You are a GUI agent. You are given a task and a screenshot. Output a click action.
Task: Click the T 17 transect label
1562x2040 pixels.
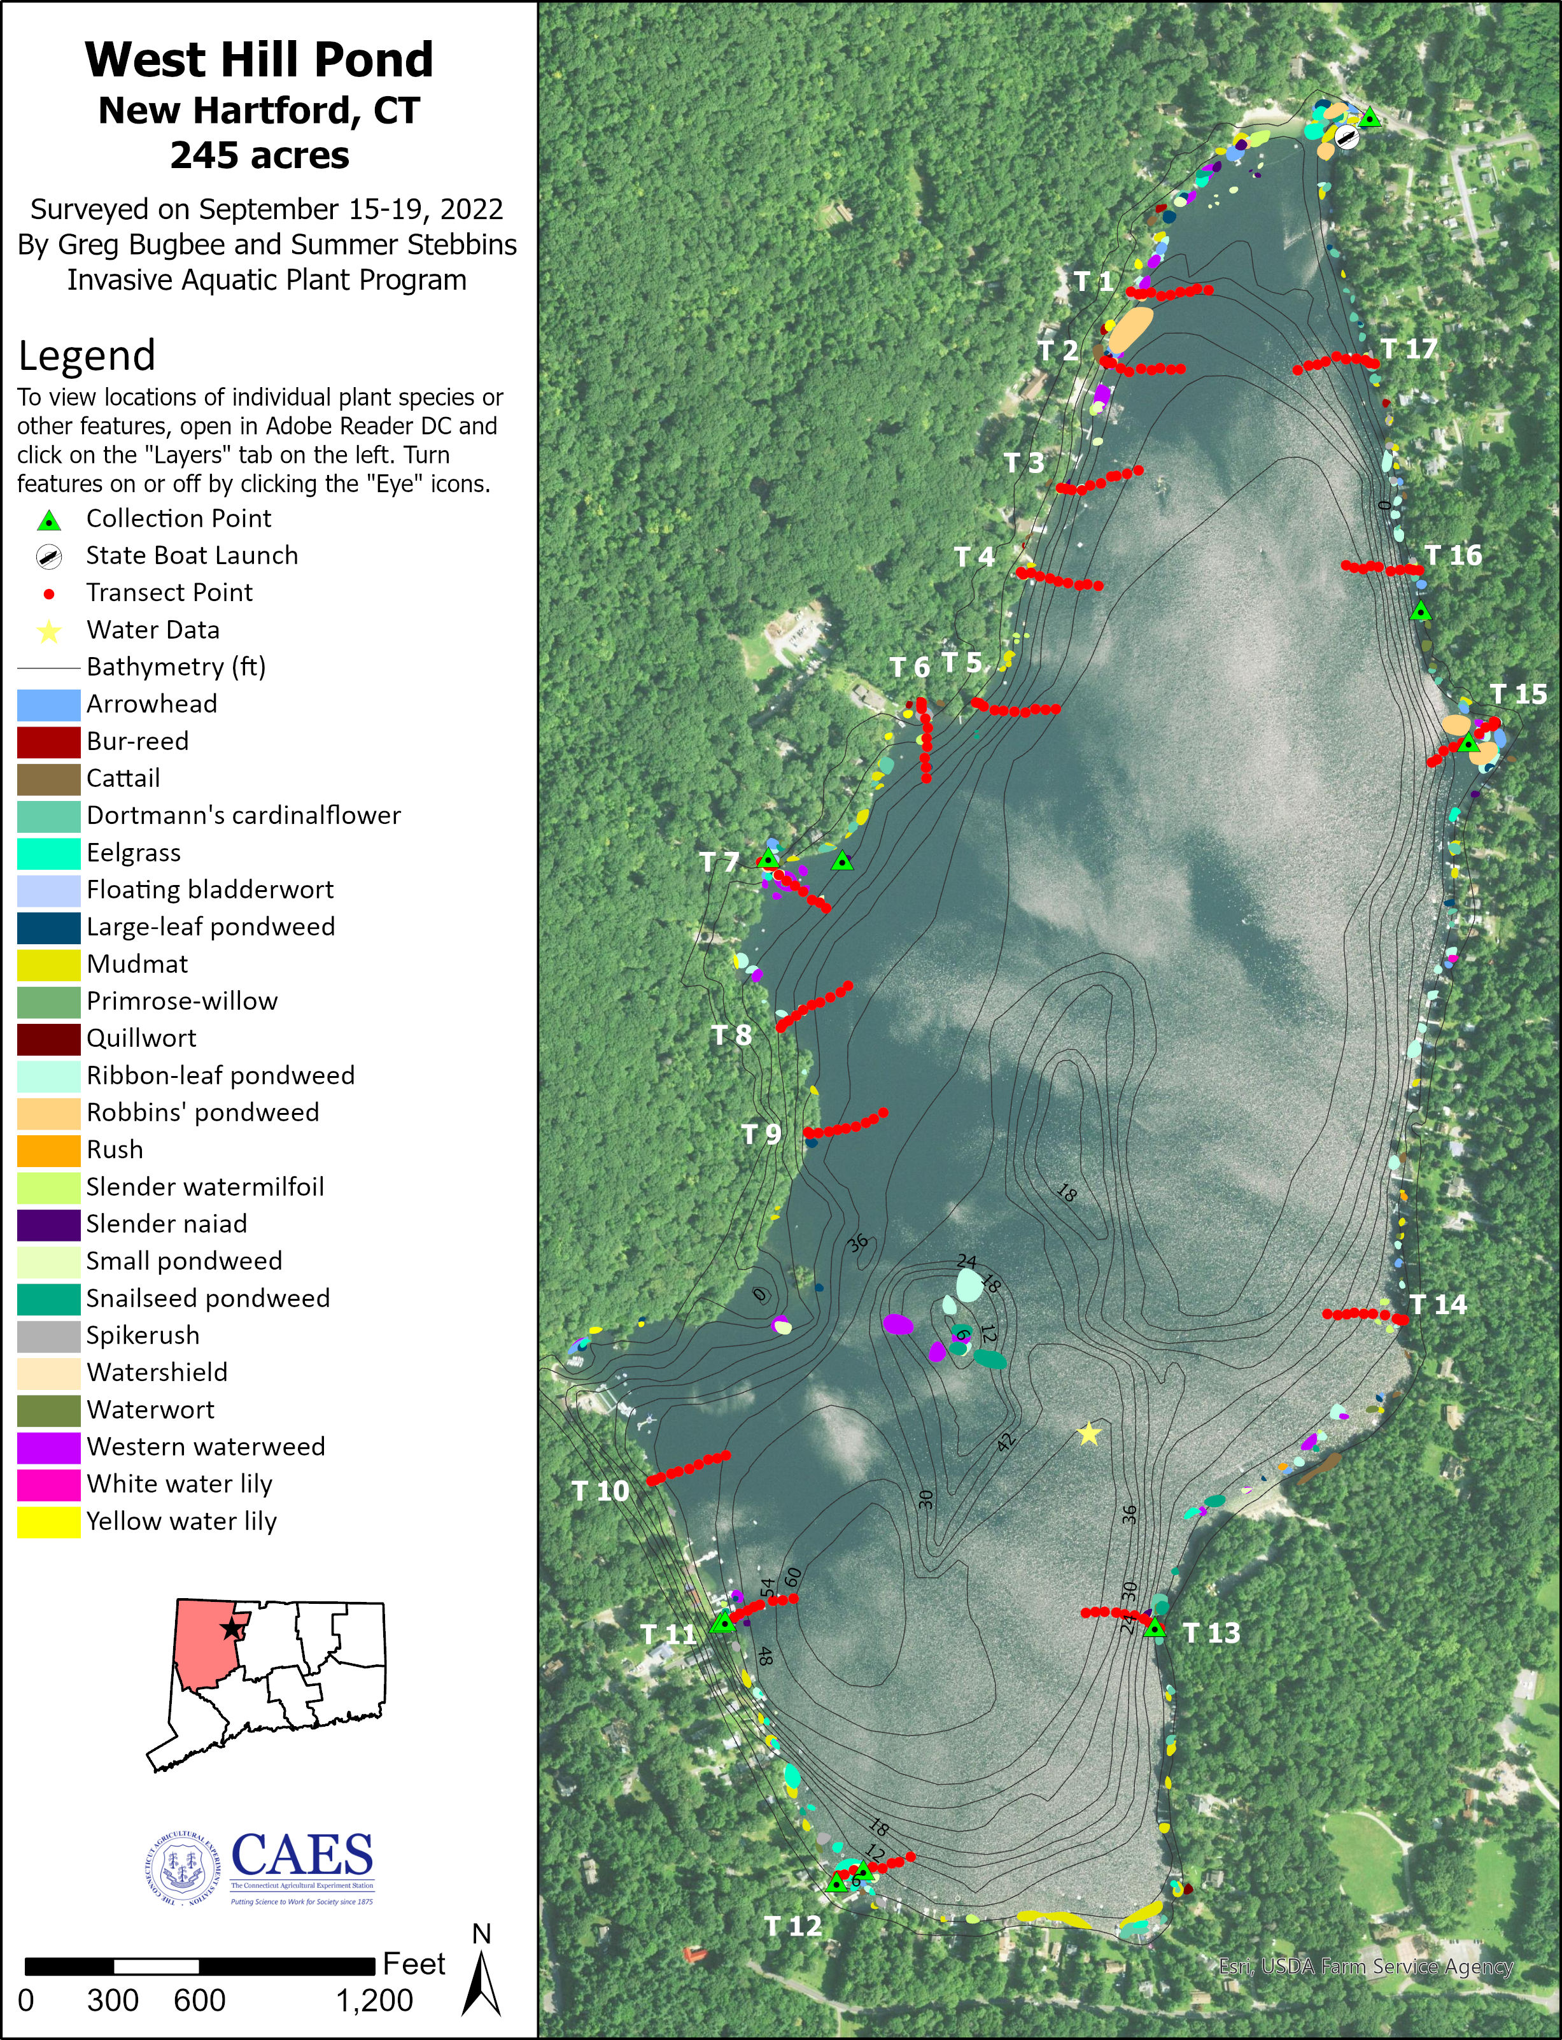coord(1409,349)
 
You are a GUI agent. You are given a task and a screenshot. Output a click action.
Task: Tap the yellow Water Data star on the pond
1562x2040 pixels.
coord(1088,1434)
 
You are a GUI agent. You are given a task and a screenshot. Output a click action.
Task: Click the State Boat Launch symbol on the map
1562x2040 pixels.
coord(1346,138)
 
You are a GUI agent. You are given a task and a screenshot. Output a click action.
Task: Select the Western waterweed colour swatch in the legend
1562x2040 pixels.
coord(48,1447)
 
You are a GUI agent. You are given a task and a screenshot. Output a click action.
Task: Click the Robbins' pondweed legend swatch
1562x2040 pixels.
coord(48,1113)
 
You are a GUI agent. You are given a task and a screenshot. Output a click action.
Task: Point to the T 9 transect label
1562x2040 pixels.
coord(761,1135)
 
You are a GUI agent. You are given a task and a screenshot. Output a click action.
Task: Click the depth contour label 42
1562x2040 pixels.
coord(1006,1442)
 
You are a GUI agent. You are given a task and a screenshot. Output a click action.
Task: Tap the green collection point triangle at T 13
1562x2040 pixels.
coord(1155,1628)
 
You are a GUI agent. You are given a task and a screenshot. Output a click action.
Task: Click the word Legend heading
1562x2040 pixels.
coord(87,356)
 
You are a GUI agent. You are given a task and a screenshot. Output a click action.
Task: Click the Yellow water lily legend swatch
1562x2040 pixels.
coord(48,1521)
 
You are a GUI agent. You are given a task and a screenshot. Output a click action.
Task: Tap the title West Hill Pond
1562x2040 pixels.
coord(260,59)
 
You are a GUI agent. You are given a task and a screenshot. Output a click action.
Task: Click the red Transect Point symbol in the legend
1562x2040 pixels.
coord(49,593)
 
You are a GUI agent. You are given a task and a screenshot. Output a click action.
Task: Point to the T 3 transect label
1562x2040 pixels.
coord(1024,463)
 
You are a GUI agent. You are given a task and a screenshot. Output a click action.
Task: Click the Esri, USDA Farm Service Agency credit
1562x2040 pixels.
coord(1366,1967)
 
